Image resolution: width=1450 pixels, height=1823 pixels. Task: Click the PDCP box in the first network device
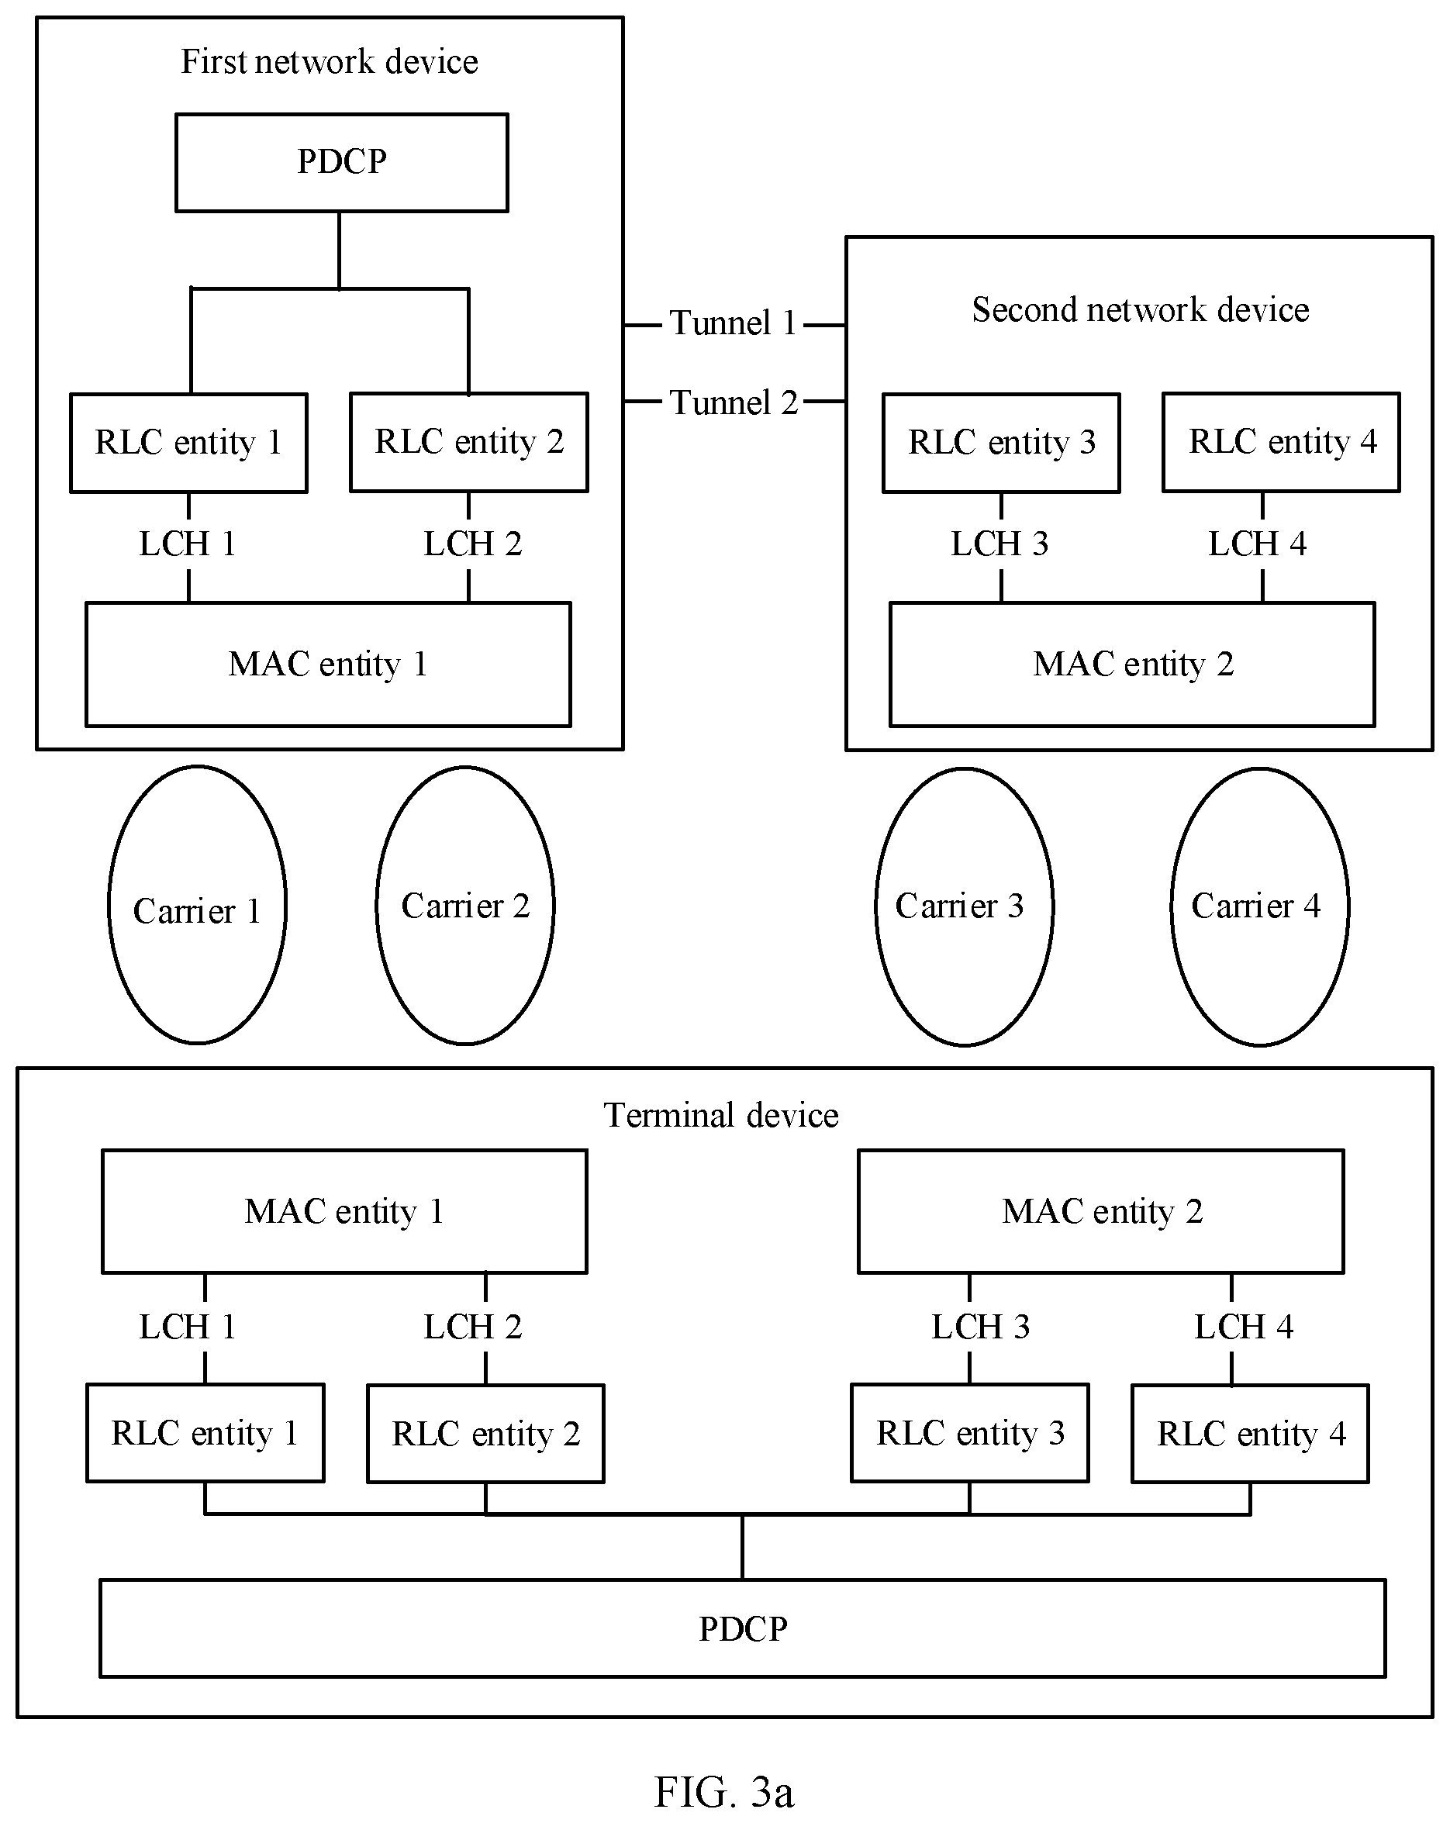coord(342,162)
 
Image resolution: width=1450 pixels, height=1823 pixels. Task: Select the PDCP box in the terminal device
coord(742,1628)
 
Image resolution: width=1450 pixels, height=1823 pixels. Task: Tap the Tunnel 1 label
coord(733,323)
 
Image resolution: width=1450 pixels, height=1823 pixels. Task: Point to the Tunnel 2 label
coord(733,402)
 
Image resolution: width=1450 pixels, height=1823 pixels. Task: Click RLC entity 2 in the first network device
coord(469,442)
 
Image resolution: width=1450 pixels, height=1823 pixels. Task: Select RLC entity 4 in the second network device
coord(1281,442)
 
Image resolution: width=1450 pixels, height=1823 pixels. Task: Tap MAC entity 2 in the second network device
coord(1132,664)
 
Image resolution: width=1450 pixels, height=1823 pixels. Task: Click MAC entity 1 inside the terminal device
coord(344,1211)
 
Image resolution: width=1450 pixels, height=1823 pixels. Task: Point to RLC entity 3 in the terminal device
coord(970,1433)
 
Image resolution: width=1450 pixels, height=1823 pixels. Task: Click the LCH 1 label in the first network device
coord(187,544)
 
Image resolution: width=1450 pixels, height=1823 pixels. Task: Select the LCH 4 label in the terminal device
coord(1243,1327)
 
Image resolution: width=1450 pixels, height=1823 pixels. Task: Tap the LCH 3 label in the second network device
coord(999,544)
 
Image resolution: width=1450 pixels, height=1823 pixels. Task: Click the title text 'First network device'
coord(329,62)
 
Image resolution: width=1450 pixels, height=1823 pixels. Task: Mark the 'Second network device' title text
coord(1140,309)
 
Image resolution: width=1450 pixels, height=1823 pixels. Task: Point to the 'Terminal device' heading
coord(720,1115)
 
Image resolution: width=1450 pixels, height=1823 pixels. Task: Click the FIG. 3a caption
coord(723,1791)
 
